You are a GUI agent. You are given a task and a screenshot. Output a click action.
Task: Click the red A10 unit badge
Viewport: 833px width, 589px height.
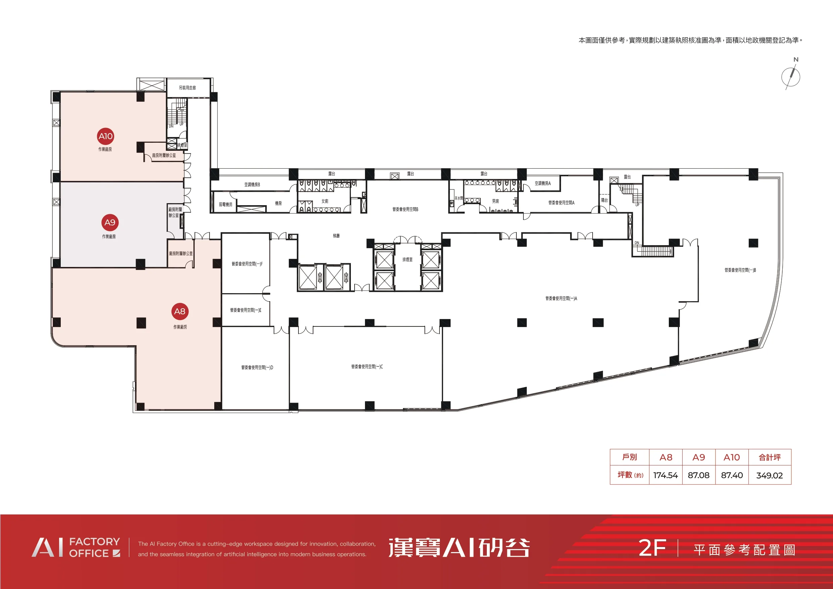tap(105, 136)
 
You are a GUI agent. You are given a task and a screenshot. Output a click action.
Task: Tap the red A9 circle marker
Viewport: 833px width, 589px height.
tap(110, 222)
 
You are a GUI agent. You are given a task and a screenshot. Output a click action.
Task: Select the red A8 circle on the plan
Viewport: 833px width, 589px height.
tap(180, 311)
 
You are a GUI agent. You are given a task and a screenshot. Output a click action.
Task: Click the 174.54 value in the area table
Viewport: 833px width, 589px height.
tap(665, 475)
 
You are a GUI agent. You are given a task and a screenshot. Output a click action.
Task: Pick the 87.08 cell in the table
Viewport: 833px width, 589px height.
tap(698, 475)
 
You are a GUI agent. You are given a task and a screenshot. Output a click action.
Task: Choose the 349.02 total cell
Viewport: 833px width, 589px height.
tap(770, 475)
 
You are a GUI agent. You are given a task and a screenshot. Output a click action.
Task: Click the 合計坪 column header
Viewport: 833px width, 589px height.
tap(770, 457)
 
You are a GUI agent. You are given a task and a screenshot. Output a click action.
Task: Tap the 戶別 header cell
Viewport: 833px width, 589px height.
tap(630, 457)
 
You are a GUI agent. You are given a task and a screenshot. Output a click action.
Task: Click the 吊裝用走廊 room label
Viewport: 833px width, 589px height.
tap(187, 88)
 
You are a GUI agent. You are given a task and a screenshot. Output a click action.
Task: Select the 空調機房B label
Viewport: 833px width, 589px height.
tap(252, 185)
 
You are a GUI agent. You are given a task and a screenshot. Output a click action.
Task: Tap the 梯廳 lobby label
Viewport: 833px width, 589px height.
tap(336, 236)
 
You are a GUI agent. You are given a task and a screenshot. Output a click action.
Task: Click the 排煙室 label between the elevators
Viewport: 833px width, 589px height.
tap(407, 260)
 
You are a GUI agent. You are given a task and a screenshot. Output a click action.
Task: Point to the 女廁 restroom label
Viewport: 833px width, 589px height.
tap(325, 201)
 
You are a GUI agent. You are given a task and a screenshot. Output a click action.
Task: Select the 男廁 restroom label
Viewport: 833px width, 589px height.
tap(495, 201)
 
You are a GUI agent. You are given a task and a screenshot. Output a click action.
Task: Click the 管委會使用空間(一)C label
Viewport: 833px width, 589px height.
tap(367, 367)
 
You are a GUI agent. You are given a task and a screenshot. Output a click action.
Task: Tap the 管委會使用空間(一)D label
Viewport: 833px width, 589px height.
tap(257, 368)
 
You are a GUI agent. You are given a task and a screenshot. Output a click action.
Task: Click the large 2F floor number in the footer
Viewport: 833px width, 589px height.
tap(652, 548)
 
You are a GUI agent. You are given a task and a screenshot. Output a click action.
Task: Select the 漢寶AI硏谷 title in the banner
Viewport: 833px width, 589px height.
tap(459, 548)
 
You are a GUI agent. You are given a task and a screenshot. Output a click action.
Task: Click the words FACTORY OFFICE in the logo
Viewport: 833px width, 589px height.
tap(95, 548)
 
